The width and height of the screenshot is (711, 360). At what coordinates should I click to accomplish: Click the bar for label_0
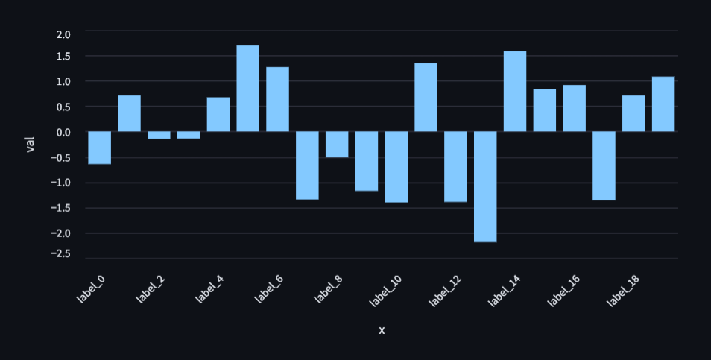(99, 148)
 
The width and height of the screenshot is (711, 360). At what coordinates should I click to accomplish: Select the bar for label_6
(277, 99)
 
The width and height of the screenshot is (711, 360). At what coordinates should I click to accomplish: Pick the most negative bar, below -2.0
(485, 186)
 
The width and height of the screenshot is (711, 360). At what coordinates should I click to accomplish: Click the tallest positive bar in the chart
(247, 89)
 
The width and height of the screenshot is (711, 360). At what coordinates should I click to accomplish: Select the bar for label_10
(396, 167)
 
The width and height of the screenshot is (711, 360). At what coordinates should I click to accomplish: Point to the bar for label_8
(337, 145)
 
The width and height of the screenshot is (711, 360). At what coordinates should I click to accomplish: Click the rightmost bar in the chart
(663, 104)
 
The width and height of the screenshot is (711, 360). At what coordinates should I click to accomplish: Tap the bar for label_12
(455, 166)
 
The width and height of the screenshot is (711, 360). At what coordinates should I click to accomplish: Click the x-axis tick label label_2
(151, 288)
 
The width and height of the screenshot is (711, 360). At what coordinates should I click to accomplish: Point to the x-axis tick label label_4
(210, 288)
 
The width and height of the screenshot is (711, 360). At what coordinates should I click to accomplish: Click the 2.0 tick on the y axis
(63, 34)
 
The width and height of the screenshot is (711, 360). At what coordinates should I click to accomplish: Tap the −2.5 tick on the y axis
(61, 254)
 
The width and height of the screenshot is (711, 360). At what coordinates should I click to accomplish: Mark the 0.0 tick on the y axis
(63, 132)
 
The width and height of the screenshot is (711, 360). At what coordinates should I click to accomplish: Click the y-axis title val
(31, 144)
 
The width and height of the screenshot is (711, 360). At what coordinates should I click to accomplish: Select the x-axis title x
(382, 330)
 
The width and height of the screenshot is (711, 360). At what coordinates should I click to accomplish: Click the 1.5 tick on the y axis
(63, 56)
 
